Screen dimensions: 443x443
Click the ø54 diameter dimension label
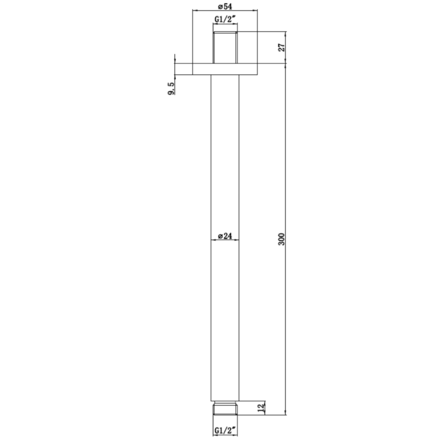point(224,6)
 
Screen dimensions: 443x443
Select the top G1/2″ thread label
point(225,19)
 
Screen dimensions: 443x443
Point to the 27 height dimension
point(282,47)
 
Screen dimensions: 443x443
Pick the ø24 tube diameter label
point(225,236)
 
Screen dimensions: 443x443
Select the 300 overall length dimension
point(282,239)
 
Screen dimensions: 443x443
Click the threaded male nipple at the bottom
point(225,408)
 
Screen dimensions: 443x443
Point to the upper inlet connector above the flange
point(225,47)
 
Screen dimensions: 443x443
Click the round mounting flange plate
point(225,69)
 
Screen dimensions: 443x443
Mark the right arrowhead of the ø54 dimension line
point(254,11)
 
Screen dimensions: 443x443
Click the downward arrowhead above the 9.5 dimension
point(175,61)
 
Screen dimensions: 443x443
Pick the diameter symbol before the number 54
point(219,6)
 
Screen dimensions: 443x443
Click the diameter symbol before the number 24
point(220,236)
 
